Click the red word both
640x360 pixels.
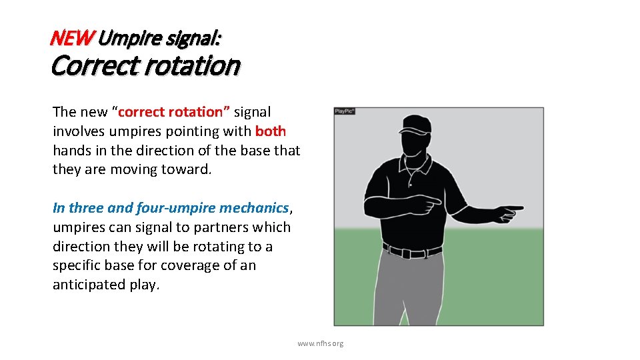(271, 131)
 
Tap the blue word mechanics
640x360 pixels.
(256, 208)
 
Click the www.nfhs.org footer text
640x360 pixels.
(321, 343)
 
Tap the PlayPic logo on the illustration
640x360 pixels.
(345, 111)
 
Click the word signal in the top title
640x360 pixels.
(196, 39)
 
